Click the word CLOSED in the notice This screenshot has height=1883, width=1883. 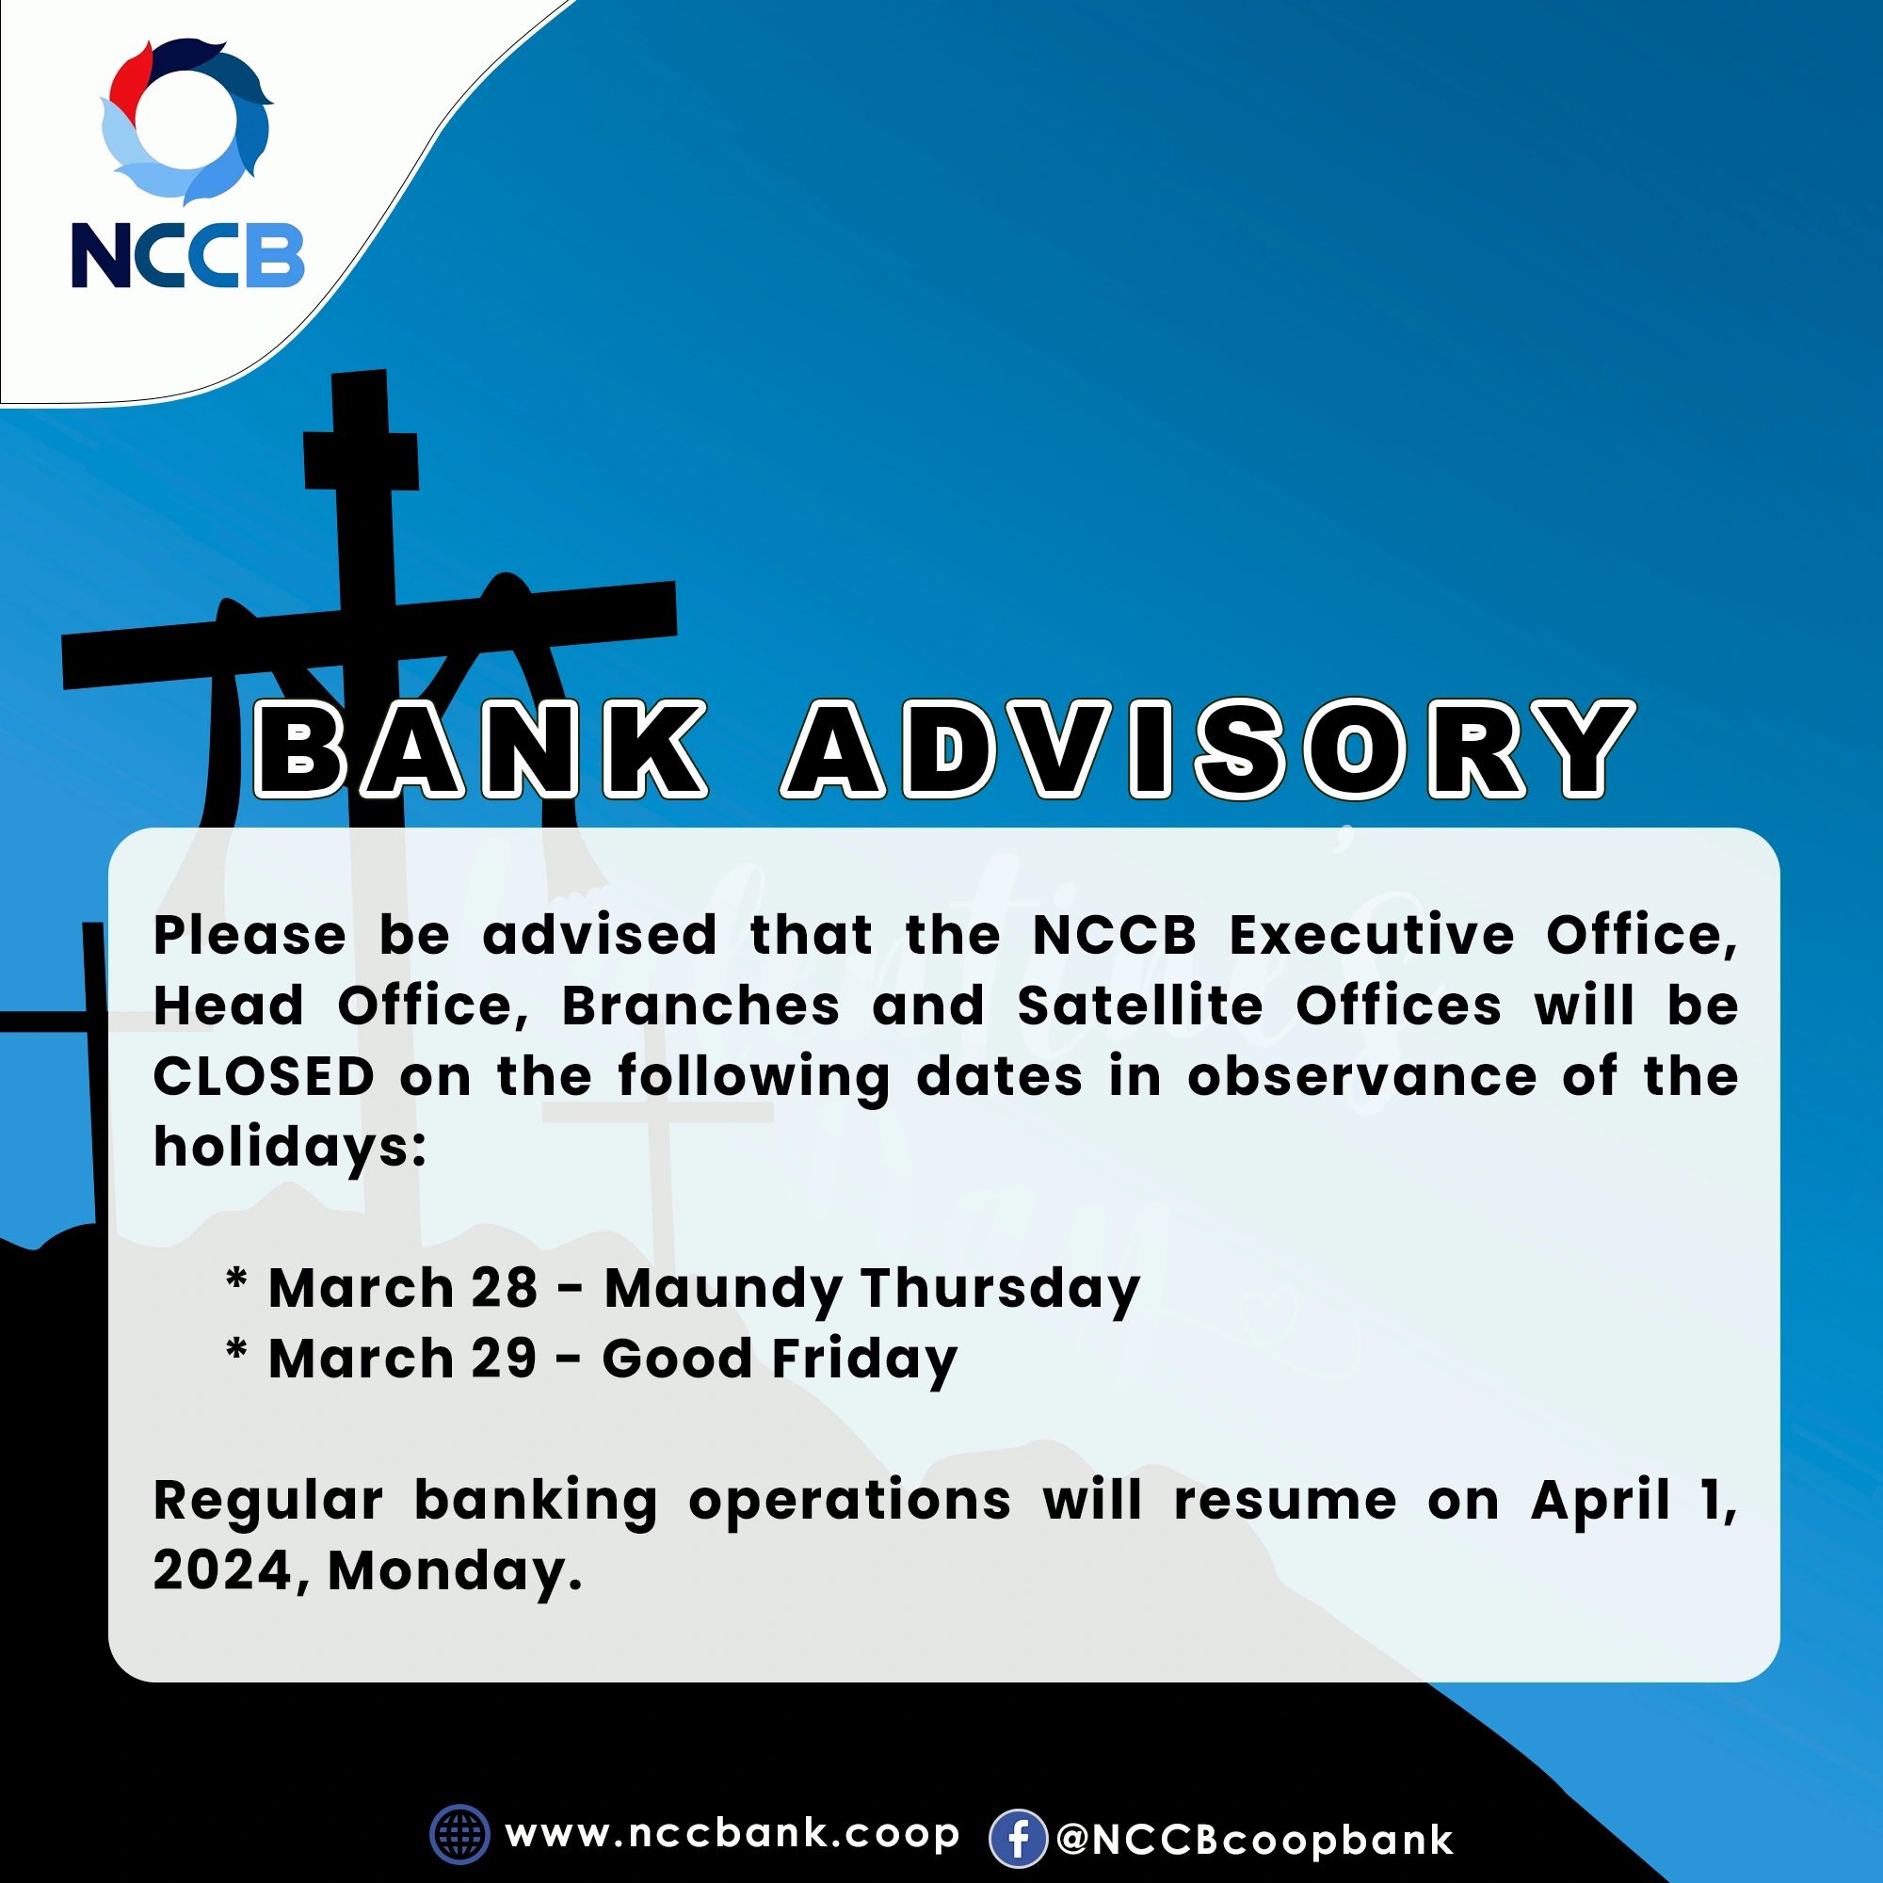tap(265, 1077)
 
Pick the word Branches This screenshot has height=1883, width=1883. tap(700, 1006)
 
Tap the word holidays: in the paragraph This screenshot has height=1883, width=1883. tap(290, 1147)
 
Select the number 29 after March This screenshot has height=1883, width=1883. tap(504, 1358)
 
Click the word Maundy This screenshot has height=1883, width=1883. tap(722, 1290)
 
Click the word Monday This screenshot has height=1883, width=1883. tap(453, 1572)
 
